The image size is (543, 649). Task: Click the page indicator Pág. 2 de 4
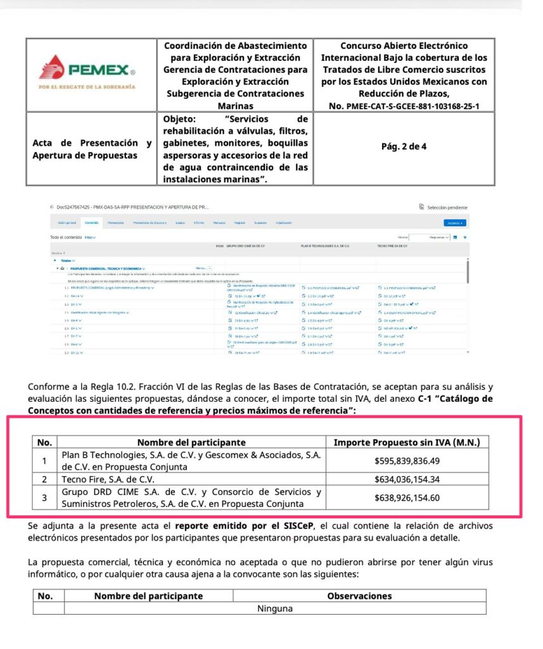[404, 146]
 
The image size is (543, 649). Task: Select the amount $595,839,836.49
[407, 461]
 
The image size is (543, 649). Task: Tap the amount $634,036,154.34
[407, 479]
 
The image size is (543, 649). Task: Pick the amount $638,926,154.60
[407, 498]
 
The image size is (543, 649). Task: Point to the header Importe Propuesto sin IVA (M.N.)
[407, 442]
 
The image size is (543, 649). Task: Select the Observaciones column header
[359, 596]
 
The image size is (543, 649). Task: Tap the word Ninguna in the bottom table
[275, 608]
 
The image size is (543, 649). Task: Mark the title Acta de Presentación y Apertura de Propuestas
[91, 149]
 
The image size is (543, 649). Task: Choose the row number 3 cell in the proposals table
[44, 498]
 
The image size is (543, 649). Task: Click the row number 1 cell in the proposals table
[44, 461]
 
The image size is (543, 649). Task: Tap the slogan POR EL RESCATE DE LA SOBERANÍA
[87, 86]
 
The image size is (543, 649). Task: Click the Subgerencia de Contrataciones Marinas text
[235, 100]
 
